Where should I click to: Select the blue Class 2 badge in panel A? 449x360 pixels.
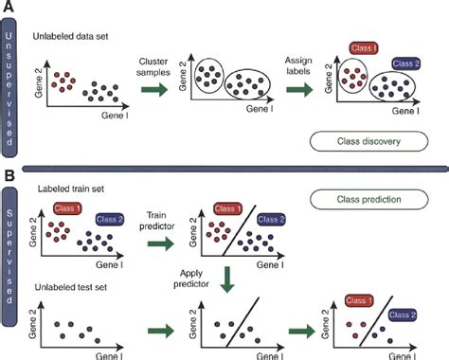coord(409,63)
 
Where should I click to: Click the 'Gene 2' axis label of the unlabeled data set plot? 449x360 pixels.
coord(38,87)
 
